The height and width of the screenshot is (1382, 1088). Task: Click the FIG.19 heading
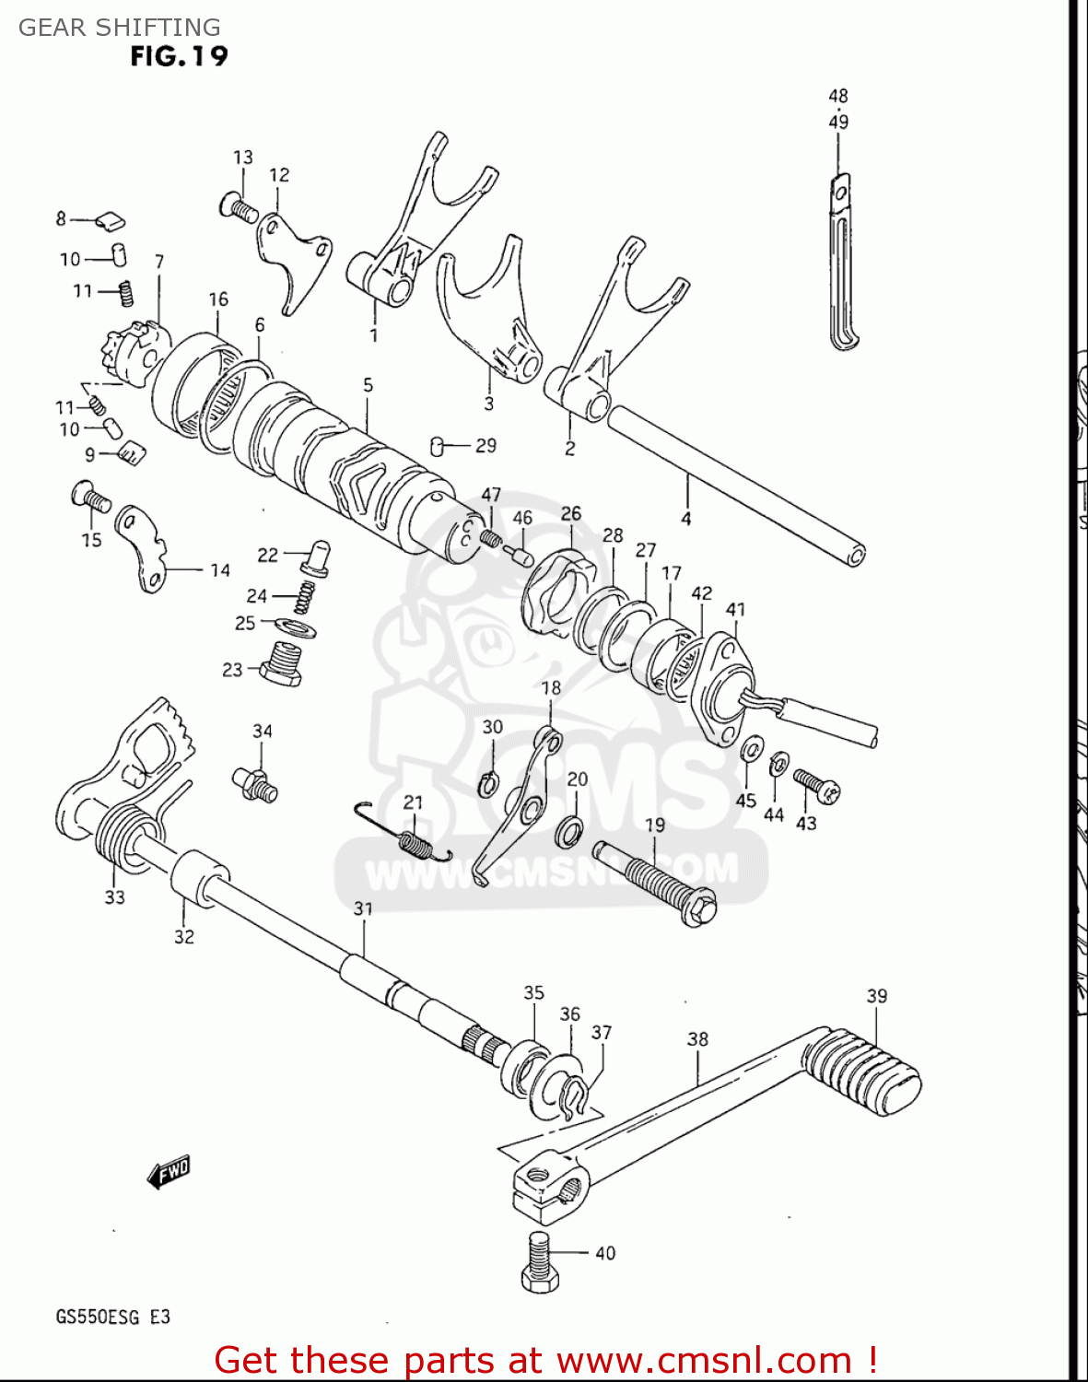179,56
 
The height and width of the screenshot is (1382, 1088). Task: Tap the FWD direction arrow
169,1172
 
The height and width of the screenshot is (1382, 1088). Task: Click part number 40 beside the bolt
605,1253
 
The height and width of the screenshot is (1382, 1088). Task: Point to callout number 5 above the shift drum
368,385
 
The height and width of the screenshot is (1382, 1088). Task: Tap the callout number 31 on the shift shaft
364,909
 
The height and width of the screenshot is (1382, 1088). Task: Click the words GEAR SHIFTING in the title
120,28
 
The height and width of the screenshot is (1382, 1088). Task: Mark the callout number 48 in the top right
838,96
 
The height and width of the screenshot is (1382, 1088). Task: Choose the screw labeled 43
816,784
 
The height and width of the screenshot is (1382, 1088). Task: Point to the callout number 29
486,446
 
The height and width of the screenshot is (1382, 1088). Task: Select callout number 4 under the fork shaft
686,520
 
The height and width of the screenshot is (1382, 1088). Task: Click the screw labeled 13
239,206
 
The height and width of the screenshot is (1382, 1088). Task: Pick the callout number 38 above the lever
697,1039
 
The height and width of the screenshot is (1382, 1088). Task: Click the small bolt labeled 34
255,783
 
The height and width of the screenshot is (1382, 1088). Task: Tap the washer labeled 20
568,830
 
